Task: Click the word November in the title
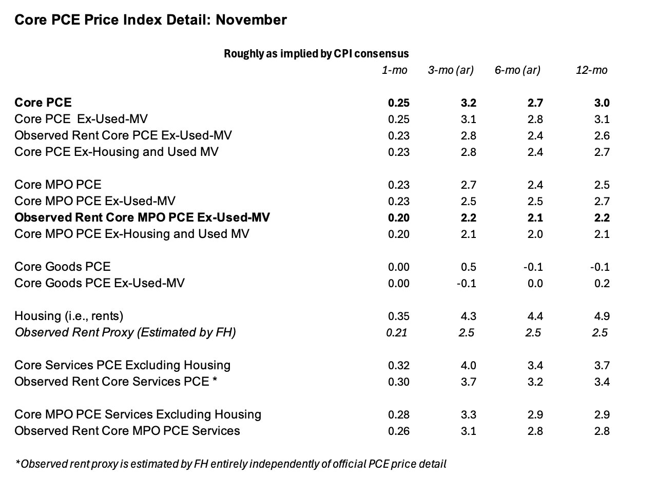251,20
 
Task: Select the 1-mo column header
395,70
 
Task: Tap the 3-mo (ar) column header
451,70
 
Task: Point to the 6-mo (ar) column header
517,70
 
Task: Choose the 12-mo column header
592,70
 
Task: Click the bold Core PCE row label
43,103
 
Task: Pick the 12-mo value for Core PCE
602,103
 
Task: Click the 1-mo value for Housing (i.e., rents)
399,316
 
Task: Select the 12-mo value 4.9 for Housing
602,316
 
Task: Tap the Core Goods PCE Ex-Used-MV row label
100,283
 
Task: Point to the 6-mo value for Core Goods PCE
533,267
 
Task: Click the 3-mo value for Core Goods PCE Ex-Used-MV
467,284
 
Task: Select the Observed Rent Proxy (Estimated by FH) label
125,333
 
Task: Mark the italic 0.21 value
397,333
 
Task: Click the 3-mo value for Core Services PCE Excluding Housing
469,366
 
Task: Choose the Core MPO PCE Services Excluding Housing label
138,415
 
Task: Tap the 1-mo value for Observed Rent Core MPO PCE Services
399,431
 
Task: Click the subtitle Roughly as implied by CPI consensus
316,54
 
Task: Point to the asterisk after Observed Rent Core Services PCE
215,379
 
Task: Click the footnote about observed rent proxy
230,464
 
